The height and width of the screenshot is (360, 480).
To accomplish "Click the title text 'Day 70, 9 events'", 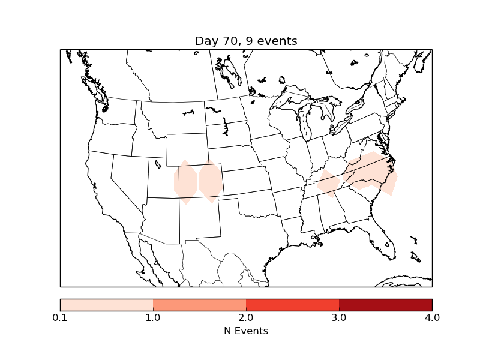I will coord(246,41).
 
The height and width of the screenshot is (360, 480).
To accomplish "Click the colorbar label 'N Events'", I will coord(246,331).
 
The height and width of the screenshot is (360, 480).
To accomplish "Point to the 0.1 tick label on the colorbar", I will coord(60,317).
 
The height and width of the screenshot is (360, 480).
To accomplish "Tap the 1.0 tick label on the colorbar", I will coord(153,317).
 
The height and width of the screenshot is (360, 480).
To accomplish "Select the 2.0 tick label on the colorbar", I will coord(246,317).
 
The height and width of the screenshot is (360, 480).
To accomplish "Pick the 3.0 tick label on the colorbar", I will coord(339,317).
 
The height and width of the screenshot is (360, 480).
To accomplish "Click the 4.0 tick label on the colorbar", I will coord(432,317).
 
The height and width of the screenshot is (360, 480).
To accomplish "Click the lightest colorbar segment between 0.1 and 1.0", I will coord(107,305).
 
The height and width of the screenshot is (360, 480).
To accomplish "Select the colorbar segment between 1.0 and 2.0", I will coord(200,305).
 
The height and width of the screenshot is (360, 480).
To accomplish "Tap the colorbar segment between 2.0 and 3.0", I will coord(293,305).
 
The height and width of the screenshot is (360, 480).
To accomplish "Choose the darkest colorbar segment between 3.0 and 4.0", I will coord(386,305).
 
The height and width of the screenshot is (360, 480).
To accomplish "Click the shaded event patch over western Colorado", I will coord(185,182).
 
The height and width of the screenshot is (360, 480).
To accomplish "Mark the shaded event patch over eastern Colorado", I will coord(211,181).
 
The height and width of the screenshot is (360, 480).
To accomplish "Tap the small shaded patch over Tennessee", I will coord(328,184).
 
